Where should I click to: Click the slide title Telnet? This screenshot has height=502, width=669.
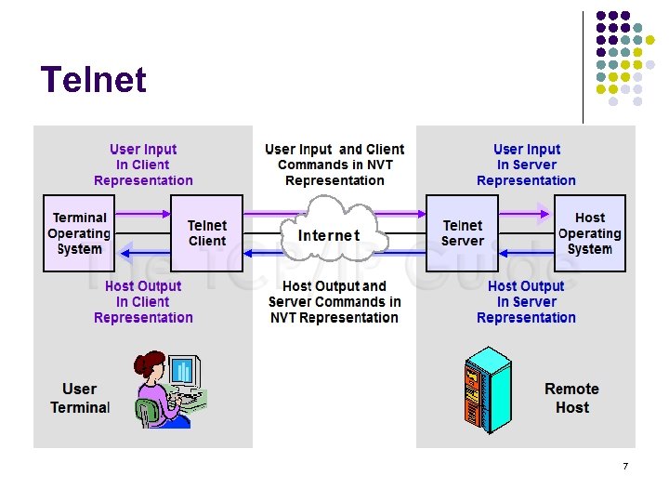[x=94, y=80]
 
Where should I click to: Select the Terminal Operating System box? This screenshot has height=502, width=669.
[x=80, y=233]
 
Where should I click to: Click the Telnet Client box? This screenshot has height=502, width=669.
[x=207, y=233]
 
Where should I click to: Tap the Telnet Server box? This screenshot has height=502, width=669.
[x=462, y=233]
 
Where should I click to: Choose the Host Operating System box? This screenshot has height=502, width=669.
[x=589, y=233]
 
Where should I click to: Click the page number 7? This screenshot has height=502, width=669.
[x=625, y=466]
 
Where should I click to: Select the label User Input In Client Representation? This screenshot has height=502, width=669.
[x=143, y=165]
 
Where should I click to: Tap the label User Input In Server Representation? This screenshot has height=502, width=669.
[x=526, y=165]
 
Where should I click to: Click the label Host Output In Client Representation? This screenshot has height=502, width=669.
[x=143, y=302]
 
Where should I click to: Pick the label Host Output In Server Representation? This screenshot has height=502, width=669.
[x=526, y=302]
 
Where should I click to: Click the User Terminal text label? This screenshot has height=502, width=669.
[x=80, y=398]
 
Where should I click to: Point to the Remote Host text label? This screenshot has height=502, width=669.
[x=571, y=398]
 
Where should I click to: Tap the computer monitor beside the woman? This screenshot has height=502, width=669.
[x=183, y=372]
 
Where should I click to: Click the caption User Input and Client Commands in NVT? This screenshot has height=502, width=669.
[x=334, y=165]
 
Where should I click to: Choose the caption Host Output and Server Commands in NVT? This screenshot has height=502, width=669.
[x=334, y=302]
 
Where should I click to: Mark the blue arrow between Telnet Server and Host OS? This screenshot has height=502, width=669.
[x=525, y=252]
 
